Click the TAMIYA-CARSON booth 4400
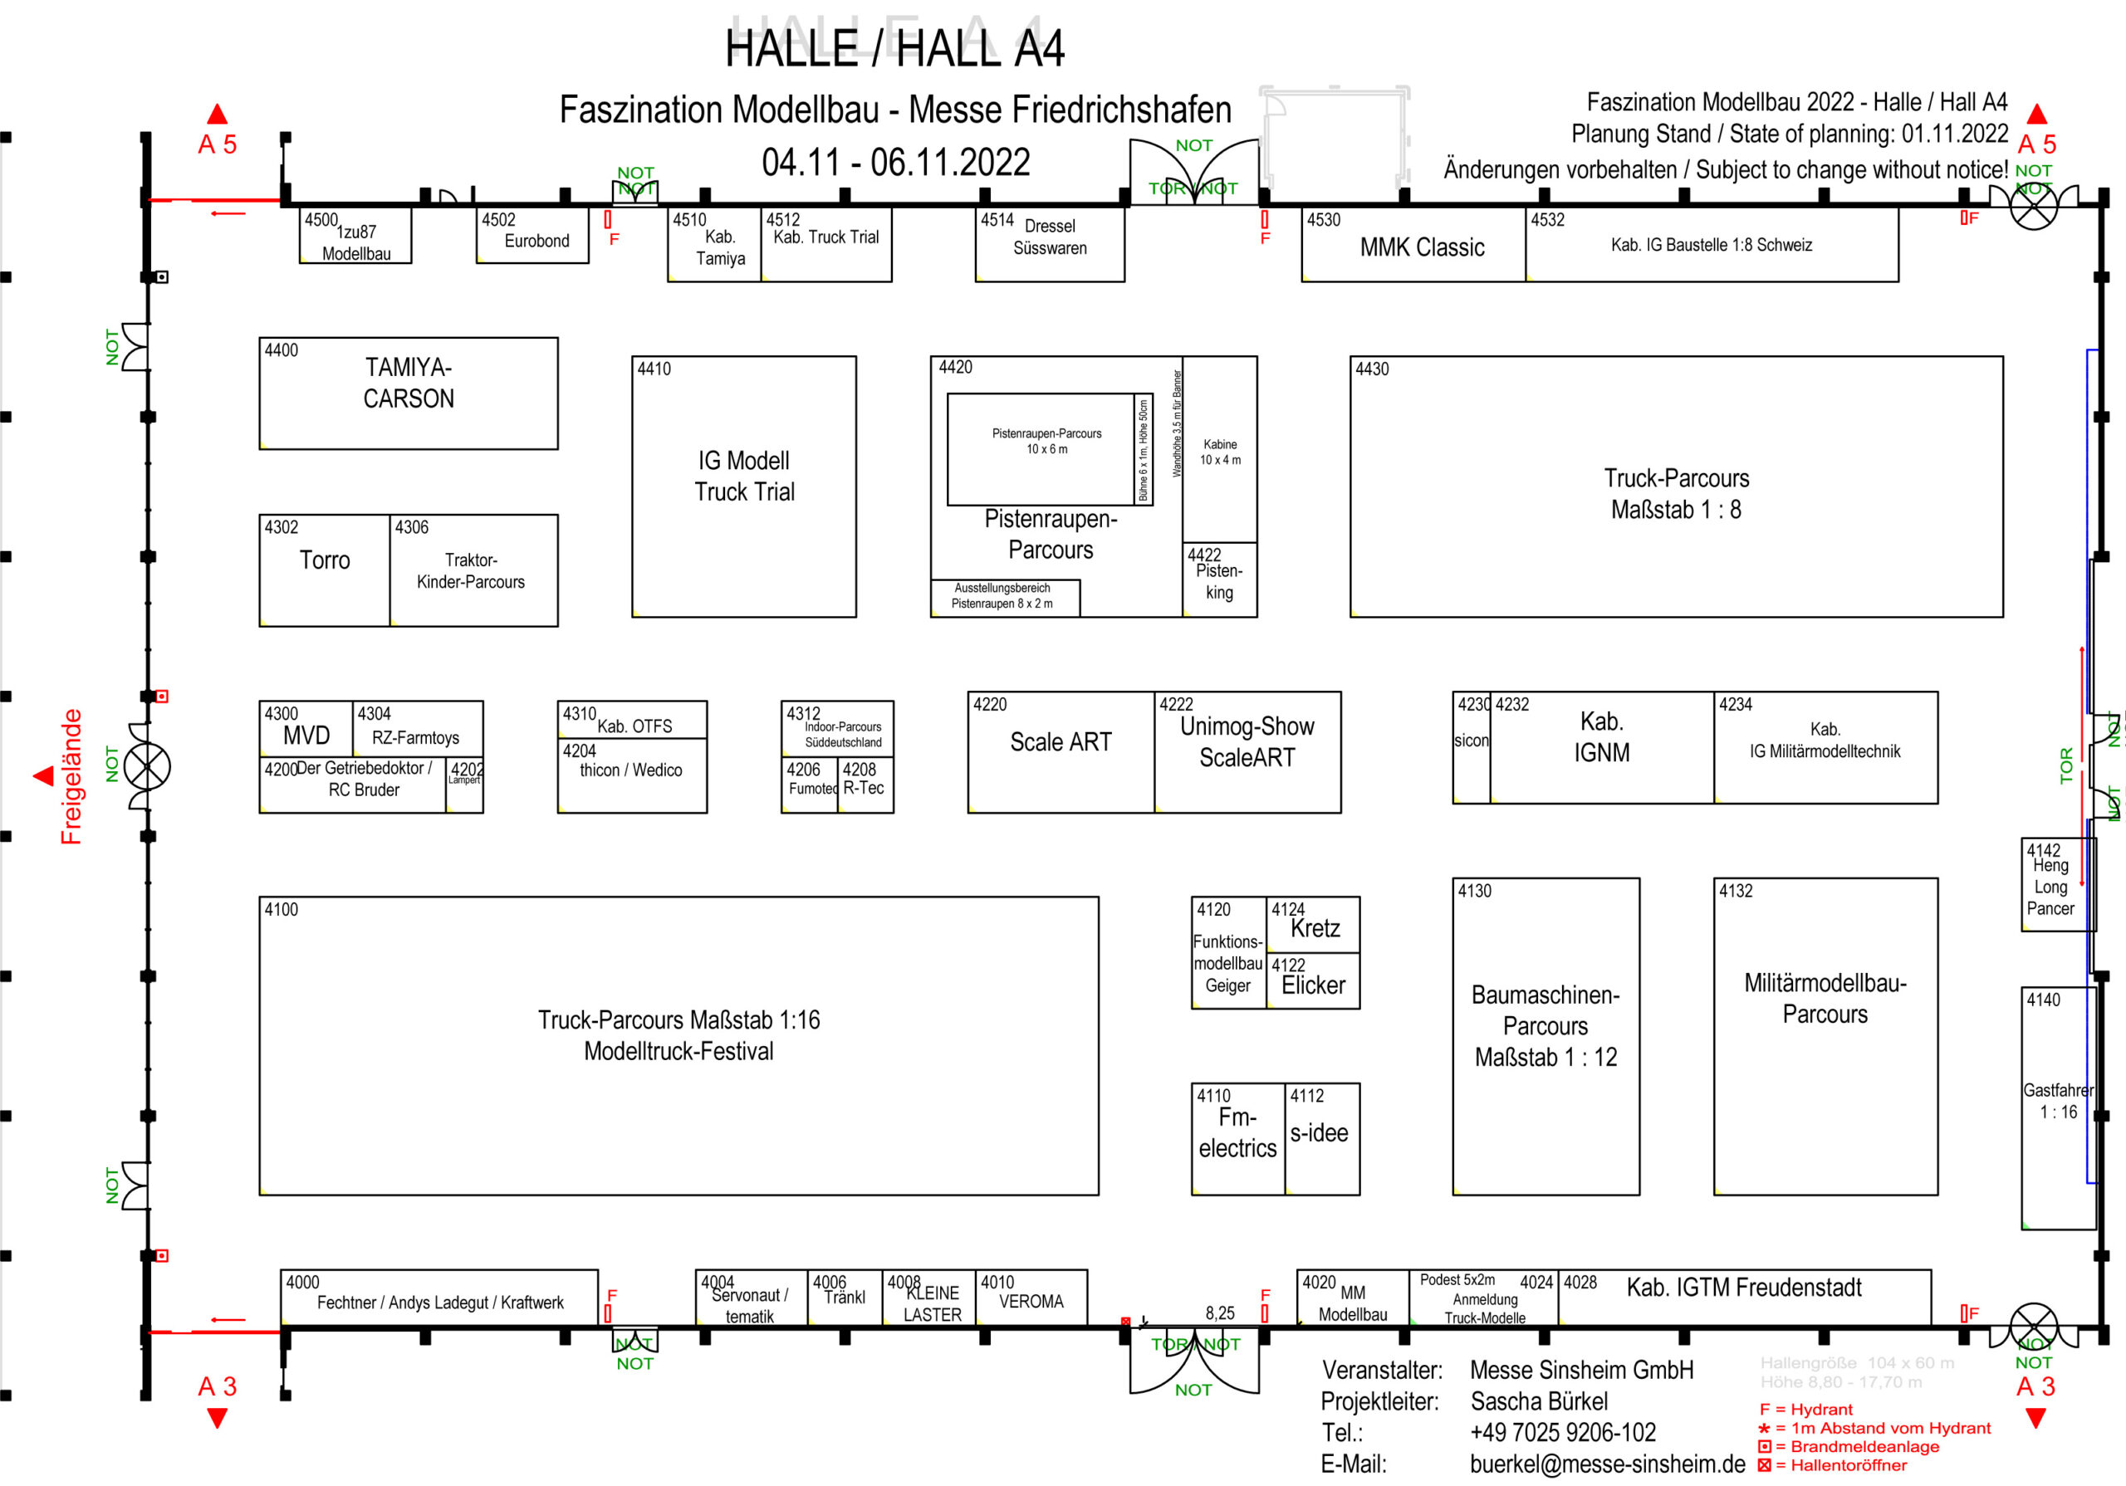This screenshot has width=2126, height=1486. (409, 393)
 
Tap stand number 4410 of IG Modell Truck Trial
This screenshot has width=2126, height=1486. (654, 369)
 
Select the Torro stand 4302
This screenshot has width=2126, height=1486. (324, 569)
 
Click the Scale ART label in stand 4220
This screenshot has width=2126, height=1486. (1061, 742)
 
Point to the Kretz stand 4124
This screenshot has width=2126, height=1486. (1313, 925)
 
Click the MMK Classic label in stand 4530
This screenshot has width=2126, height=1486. (1423, 247)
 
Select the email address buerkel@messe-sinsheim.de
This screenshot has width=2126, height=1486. (1606, 1464)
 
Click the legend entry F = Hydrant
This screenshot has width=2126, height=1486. (1805, 1409)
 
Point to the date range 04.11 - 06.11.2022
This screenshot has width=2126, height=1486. (895, 163)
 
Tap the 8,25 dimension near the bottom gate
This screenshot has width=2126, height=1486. (1219, 1312)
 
